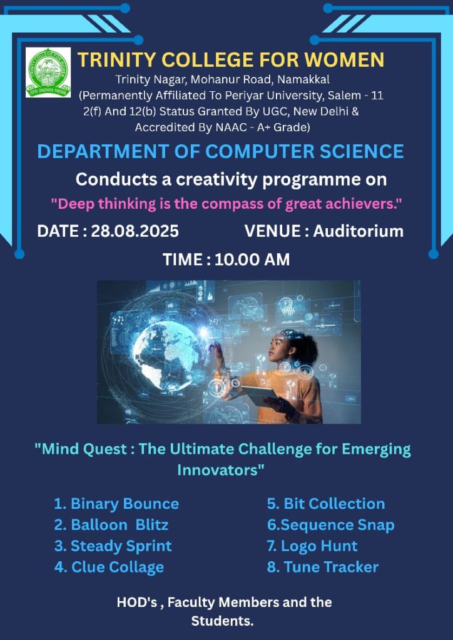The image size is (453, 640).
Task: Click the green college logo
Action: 48,72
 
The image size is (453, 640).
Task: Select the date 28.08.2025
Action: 135,231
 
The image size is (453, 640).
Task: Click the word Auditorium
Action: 359,231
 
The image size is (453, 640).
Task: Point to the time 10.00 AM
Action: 252,259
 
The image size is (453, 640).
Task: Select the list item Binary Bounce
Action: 116,504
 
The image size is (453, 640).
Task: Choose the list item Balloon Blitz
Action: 111,525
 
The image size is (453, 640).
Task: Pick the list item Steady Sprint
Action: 113,546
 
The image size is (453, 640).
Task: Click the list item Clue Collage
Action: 109,567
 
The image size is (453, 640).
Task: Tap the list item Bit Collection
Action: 326,504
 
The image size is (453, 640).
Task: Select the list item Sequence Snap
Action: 331,525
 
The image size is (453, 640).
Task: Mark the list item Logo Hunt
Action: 312,546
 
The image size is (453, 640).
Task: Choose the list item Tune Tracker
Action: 323,567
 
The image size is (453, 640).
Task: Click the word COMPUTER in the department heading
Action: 259,151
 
